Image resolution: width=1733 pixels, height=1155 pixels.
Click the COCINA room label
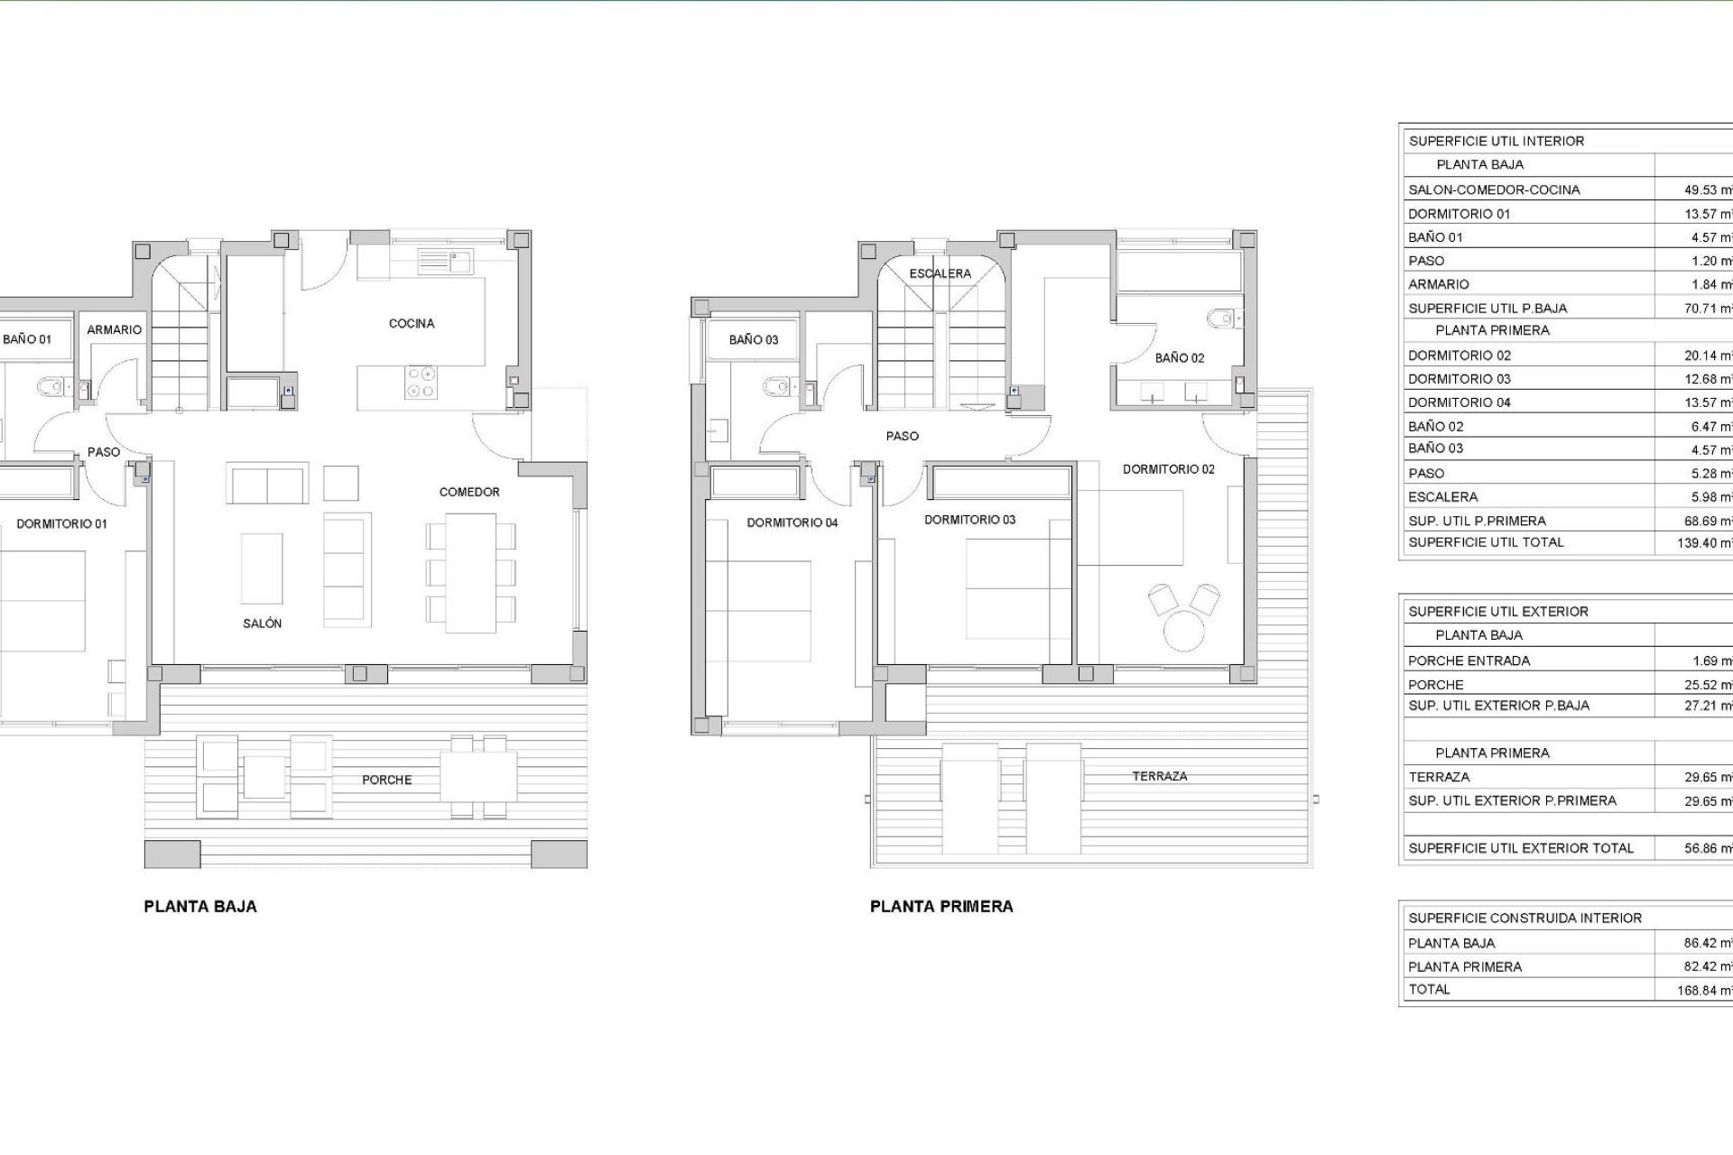pos(412,323)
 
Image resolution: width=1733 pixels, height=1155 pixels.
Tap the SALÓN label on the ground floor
pos(262,624)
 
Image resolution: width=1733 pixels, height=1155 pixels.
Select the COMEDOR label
pos(469,492)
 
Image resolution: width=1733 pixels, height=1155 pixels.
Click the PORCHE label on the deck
pos(386,780)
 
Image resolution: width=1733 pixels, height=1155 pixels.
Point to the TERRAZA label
pos(1160,776)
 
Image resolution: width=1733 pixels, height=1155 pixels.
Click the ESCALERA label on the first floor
pos(940,273)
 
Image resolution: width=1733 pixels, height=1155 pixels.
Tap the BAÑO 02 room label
pos(1179,358)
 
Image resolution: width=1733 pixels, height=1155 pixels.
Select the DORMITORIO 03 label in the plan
pos(969,520)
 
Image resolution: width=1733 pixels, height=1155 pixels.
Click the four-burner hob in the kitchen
pos(421,381)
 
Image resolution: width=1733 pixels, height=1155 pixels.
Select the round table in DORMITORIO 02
pos(1184,630)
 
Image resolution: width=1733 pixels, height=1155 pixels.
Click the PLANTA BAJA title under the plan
pos(200,907)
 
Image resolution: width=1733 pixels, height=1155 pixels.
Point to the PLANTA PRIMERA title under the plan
pos(941,907)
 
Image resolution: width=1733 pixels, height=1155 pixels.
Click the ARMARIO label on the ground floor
pos(114,330)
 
